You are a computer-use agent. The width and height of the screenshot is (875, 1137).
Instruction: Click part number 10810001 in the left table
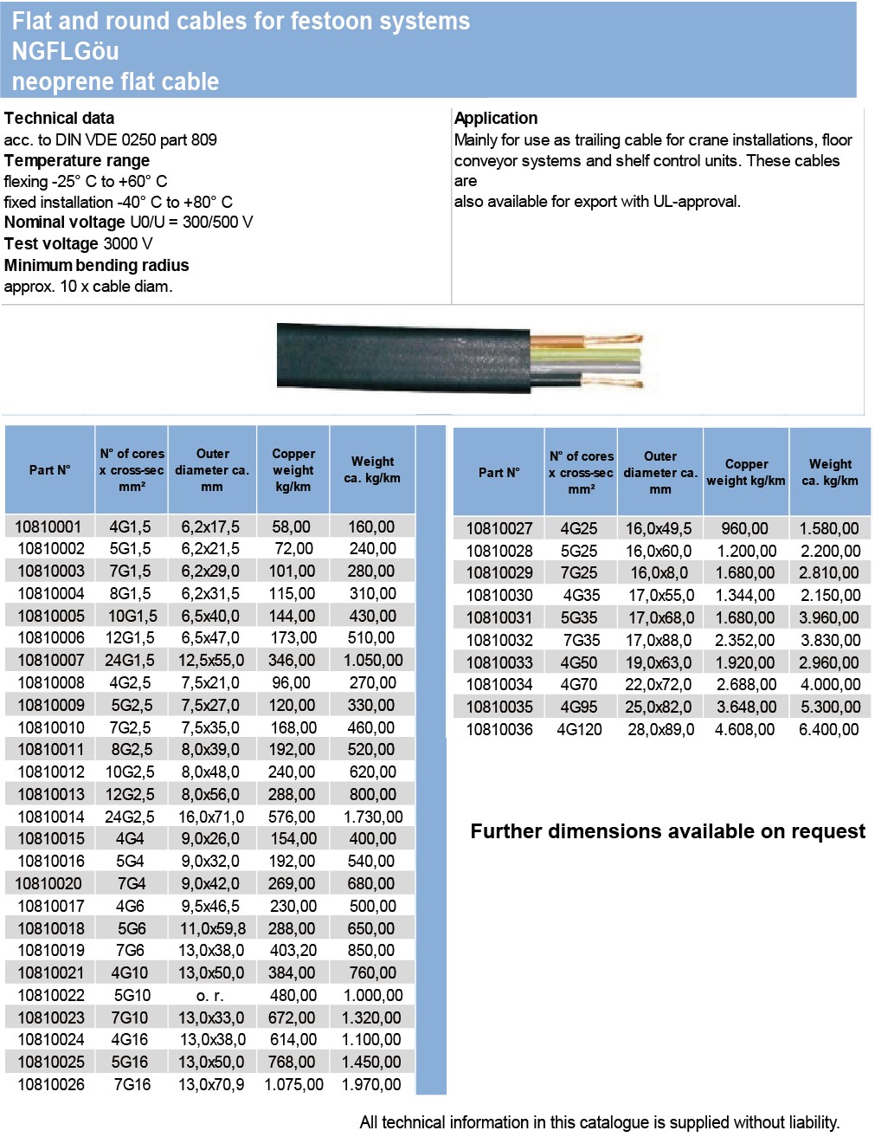tap(48, 527)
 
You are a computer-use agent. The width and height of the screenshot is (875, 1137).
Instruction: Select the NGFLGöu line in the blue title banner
tap(66, 51)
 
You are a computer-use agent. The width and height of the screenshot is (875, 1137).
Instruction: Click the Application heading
tap(496, 119)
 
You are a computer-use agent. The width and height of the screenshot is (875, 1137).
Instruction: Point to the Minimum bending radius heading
tap(96, 266)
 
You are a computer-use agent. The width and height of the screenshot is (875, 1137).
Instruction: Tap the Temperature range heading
tap(76, 161)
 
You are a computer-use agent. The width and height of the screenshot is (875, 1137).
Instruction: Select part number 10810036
tap(499, 729)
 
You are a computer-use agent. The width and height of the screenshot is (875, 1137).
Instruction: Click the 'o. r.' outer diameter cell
tap(211, 996)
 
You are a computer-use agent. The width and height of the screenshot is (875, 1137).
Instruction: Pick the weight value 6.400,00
tap(829, 729)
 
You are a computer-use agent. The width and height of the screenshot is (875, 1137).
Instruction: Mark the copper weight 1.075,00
tap(293, 1084)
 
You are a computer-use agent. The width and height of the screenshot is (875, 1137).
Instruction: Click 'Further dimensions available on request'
tap(667, 831)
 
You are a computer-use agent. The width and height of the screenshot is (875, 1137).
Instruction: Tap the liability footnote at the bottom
tap(599, 1122)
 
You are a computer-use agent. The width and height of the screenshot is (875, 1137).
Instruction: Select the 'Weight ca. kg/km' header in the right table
tap(830, 472)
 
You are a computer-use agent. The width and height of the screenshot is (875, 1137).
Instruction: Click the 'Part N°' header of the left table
tap(49, 470)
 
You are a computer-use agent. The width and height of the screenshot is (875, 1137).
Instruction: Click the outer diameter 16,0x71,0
tap(211, 817)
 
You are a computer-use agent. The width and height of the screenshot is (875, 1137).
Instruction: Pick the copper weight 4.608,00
tap(744, 729)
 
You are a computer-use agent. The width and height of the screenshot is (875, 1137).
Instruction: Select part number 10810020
tap(48, 883)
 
